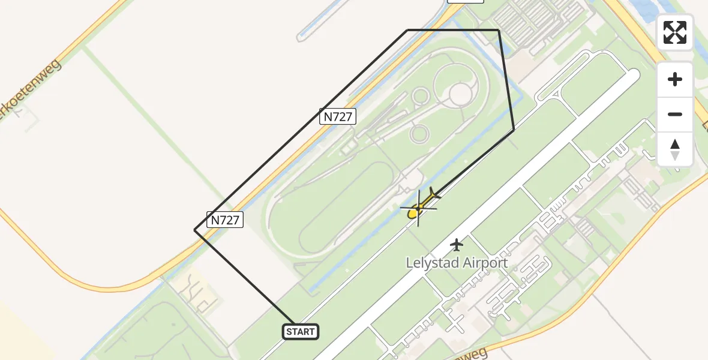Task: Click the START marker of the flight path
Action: click(300, 332)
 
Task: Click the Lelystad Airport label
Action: click(457, 263)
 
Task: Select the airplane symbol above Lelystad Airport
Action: click(457, 245)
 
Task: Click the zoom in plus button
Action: click(675, 79)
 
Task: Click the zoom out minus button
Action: click(675, 114)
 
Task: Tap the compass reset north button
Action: click(675, 149)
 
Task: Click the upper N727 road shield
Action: click(338, 116)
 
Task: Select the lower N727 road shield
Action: click(226, 220)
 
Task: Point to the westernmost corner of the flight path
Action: click(195, 230)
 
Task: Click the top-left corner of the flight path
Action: click(408, 29)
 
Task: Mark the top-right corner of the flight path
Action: click(499, 29)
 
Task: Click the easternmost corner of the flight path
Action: click(514, 130)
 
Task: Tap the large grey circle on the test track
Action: click(460, 94)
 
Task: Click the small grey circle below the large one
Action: click(419, 133)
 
